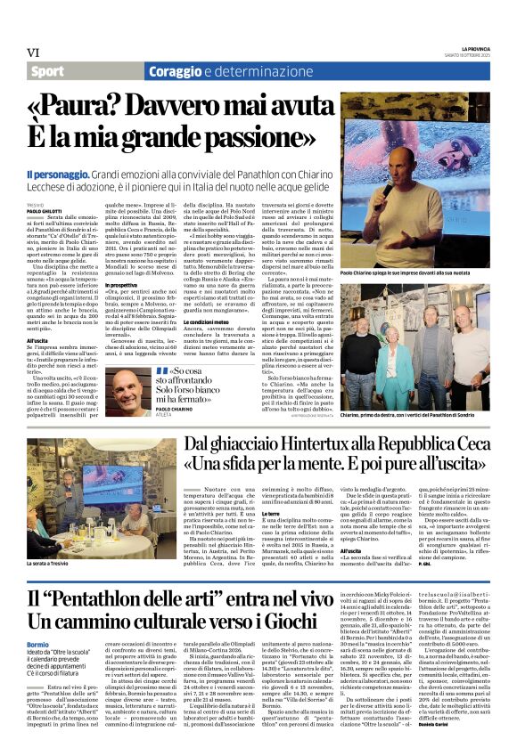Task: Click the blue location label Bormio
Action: pos(37,645)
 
